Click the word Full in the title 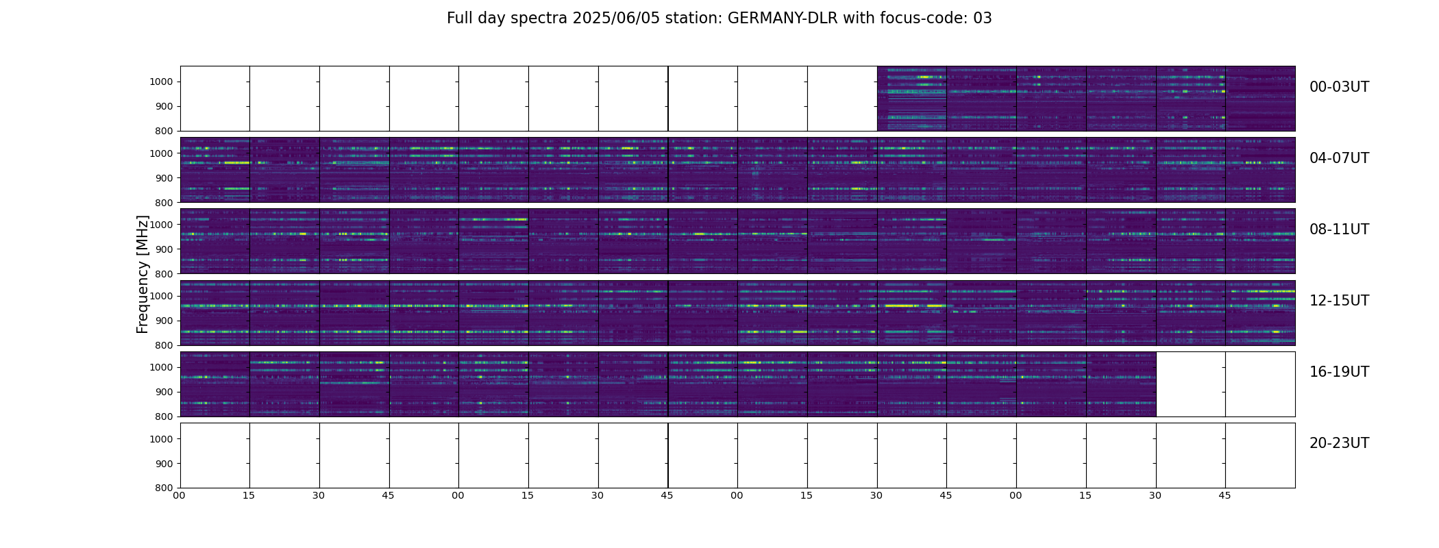point(460,18)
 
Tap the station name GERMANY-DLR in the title point(783,18)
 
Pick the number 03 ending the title point(983,18)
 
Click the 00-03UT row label point(1339,87)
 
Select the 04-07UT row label point(1339,158)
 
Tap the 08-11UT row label point(1339,229)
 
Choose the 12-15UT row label point(1339,301)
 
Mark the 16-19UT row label point(1339,372)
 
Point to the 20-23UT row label point(1339,443)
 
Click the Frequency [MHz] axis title point(143,274)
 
